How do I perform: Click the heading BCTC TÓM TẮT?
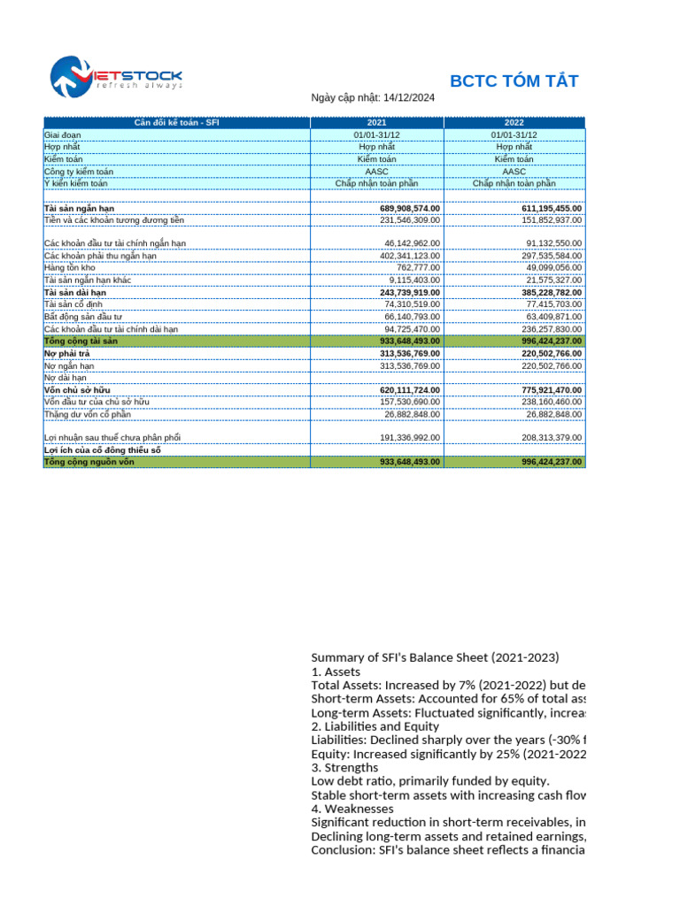pos(514,82)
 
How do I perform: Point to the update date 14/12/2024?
pos(406,99)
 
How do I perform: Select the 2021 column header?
pos(376,122)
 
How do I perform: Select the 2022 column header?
pos(514,122)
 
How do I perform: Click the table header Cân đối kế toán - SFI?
pos(176,122)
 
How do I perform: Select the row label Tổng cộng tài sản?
pos(81,341)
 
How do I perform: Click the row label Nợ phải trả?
pos(67,353)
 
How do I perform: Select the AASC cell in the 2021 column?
pos(376,171)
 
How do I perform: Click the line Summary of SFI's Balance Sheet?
pos(435,657)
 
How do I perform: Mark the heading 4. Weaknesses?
pos(352,809)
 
